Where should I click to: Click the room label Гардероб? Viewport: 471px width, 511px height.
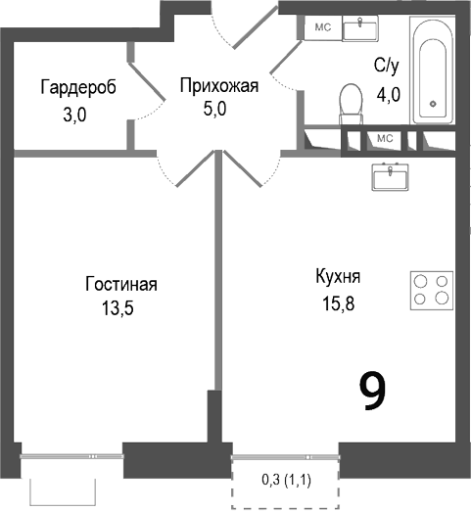[x=77, y=87]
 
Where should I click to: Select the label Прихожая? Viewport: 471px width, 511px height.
[x=218, y=85]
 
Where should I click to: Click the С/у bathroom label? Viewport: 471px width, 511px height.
[x=387, y=66]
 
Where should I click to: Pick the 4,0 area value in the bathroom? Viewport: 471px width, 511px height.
[x=389, y=95]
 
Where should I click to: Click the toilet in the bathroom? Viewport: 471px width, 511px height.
[x=350, y=104]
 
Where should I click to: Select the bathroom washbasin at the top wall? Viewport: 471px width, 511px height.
[x=368, y=26]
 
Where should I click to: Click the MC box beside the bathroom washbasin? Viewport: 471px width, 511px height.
[x=322, y=27]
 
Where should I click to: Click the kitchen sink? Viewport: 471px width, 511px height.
[x=394, y=176]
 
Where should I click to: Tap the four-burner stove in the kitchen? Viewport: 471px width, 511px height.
[x=430, y=289]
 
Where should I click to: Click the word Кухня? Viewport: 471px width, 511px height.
[x=337, y=276]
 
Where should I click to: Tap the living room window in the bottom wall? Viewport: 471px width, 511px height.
[x=71, y=456]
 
